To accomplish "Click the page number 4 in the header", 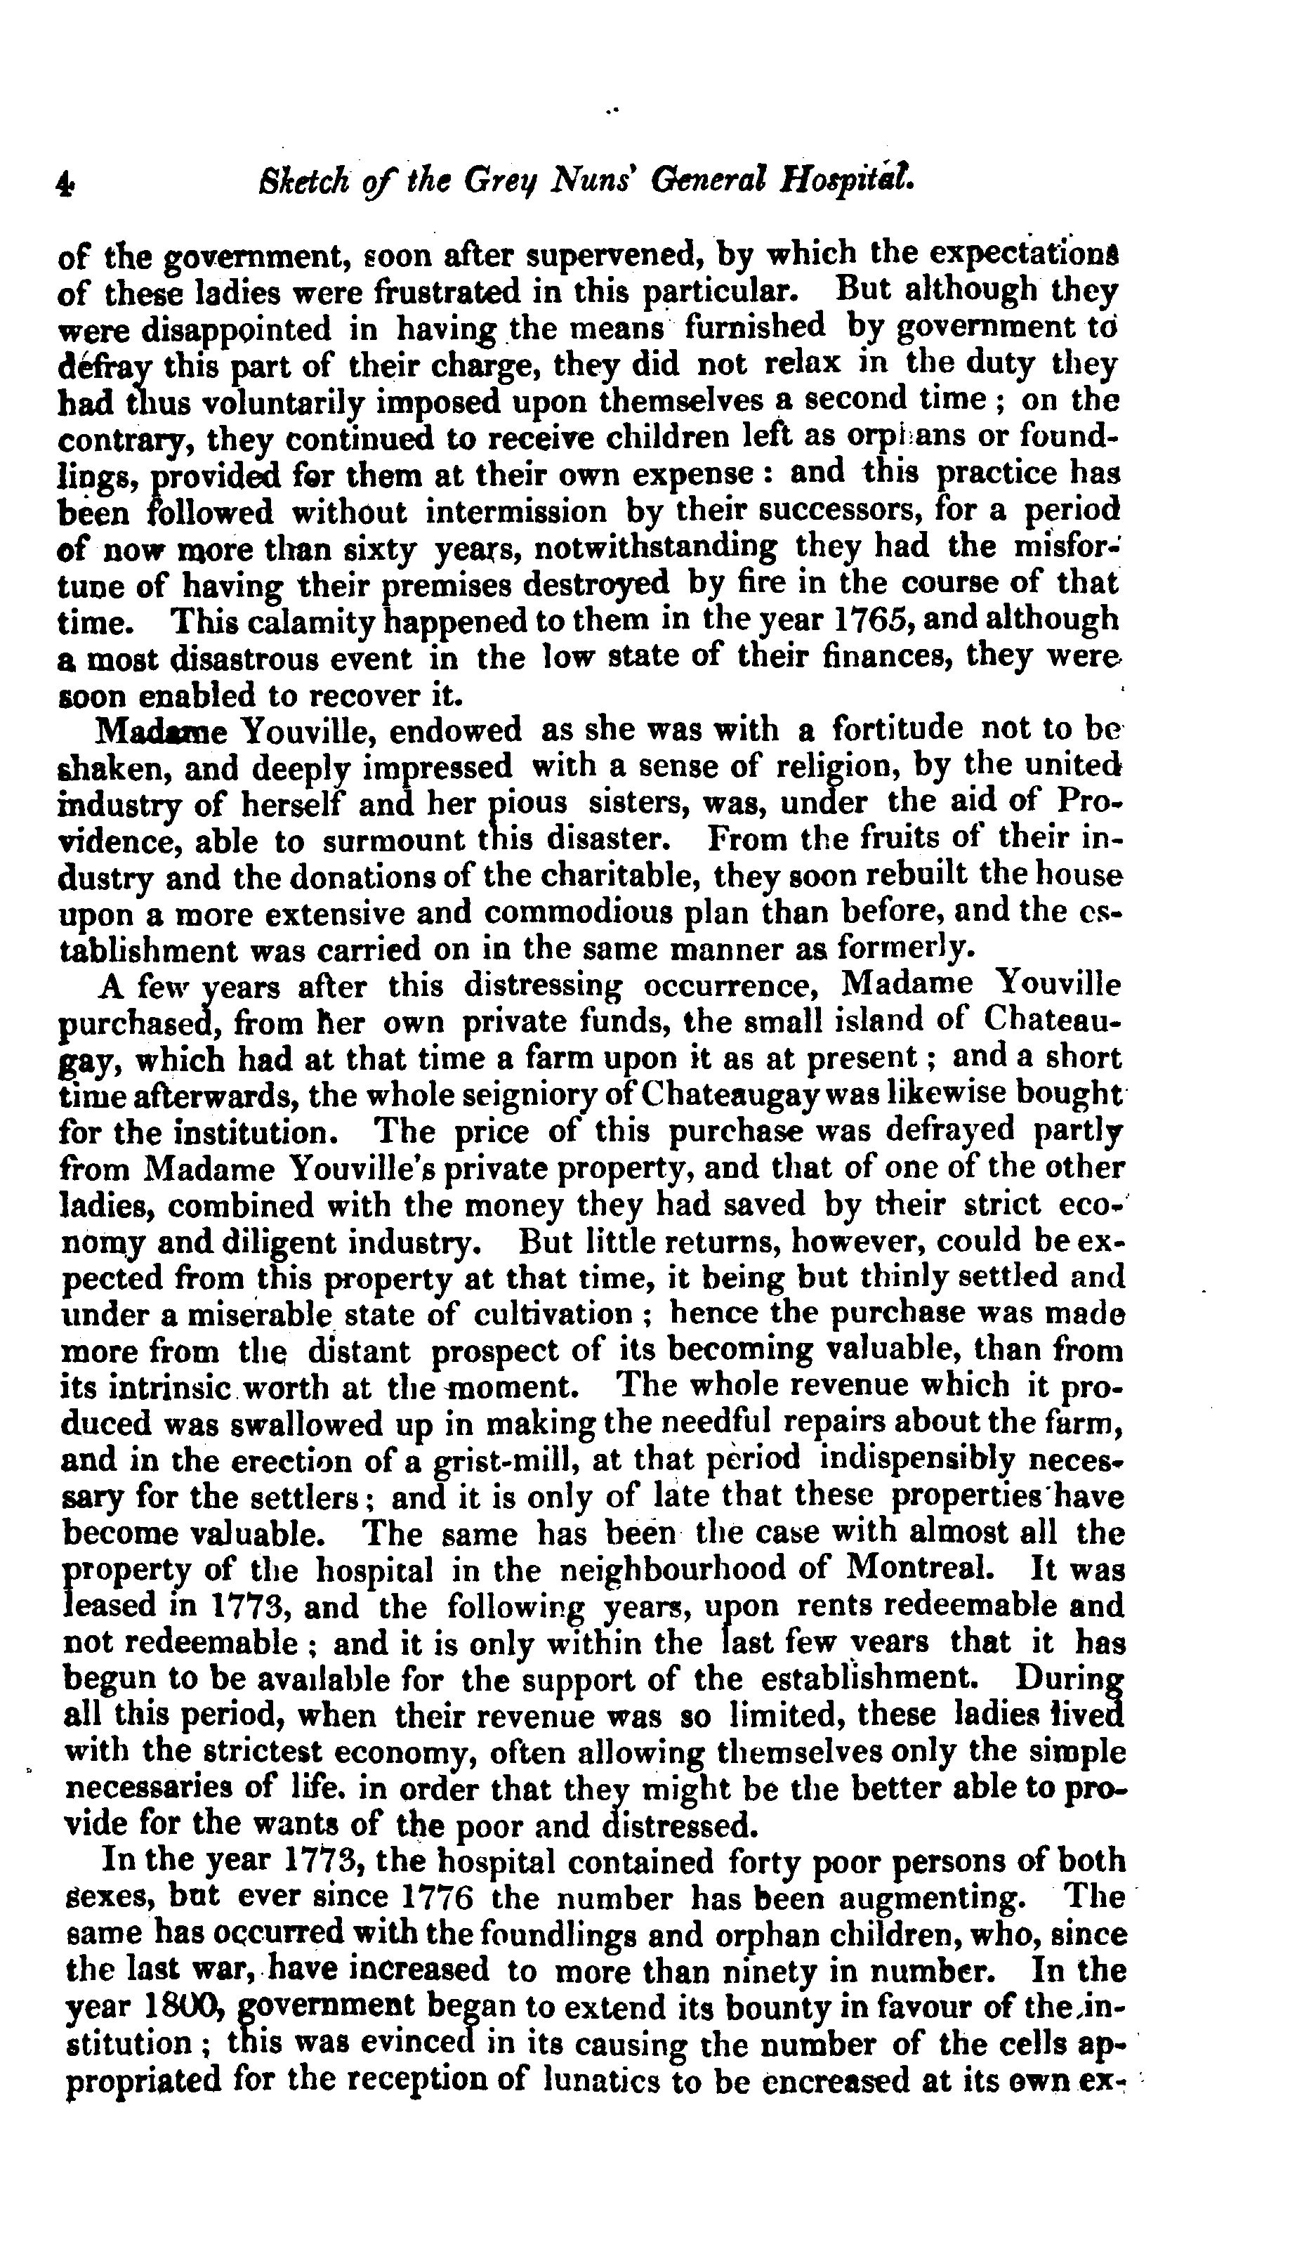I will pyautogui.click(x=65, y=183).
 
